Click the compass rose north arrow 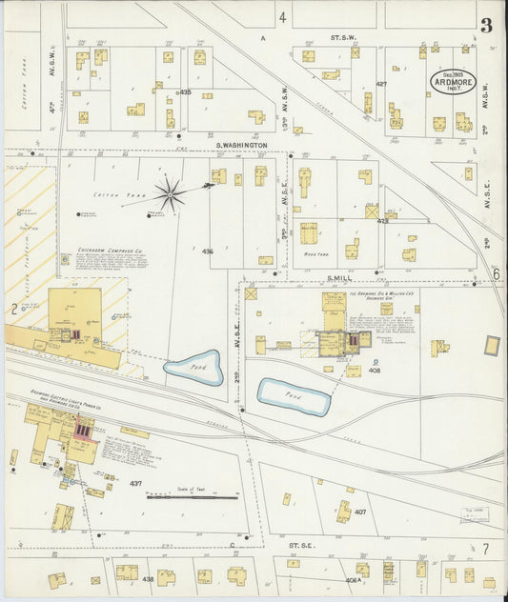[171, 194]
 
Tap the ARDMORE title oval [452, 81]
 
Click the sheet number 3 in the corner [487, 25]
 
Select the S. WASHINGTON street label [241, 146]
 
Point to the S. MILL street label [341, 278]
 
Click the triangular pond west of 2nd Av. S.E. [194, 368]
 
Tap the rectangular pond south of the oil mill [295, 396]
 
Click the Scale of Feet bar [192, 496]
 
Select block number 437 [136, 484]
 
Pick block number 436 [207, 251]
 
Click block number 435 [185, 92]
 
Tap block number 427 [381, 84]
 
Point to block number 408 [375, 371]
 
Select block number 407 [360, 512]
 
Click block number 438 [148, 579]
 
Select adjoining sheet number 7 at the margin [485, 549]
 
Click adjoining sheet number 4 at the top [282, 17]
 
